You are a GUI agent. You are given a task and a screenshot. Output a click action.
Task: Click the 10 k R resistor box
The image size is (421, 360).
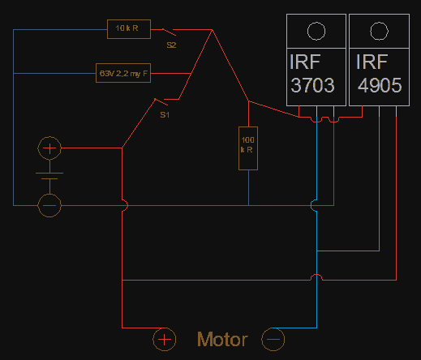click(x=129, y=29)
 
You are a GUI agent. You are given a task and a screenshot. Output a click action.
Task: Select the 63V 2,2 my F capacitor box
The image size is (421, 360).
click(x=123, y=73)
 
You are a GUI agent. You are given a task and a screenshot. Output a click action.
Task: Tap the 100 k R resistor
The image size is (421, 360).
click(x=248, y=148)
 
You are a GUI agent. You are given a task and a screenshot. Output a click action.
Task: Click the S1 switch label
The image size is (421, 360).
click(x=165, y=115)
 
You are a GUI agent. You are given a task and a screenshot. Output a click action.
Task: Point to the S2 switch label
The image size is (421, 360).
click(x=171, y=45)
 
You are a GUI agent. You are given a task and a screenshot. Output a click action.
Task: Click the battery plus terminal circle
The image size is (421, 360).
click(x=49, y=148)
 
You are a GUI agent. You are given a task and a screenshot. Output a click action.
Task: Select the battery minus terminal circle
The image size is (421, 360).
click(x=49, y=205)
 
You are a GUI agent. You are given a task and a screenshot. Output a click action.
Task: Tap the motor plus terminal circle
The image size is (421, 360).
click(x=165, y=340)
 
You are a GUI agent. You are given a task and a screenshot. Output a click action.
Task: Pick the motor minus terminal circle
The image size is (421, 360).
click(x=273, y=340)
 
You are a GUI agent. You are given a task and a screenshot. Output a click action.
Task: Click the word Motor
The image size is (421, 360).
click(x=222, y=340)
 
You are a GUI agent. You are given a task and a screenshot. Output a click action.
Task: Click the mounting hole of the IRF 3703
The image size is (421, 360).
click(x=316, y=32)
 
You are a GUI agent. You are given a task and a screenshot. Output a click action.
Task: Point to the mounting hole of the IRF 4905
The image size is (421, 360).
click(x=379, y=32)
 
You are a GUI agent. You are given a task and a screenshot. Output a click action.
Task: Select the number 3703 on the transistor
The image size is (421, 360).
click(x=312, y=85)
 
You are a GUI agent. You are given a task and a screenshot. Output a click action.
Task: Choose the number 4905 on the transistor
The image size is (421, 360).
click(x=380, y=85)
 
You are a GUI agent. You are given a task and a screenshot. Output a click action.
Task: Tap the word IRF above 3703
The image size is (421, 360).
click(x=305, y=62)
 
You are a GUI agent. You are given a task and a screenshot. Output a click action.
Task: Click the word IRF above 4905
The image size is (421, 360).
click(x=372, y=62)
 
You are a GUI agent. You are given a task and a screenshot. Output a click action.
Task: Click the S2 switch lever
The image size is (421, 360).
click(x=169, y=32)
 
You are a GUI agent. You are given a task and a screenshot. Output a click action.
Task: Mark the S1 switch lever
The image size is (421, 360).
click(x=161, y=102)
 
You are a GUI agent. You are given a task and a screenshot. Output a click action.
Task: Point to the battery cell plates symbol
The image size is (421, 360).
click(x=49, y=176)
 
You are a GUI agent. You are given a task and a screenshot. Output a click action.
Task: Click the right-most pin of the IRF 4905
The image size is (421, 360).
click(x=396, y=111)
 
